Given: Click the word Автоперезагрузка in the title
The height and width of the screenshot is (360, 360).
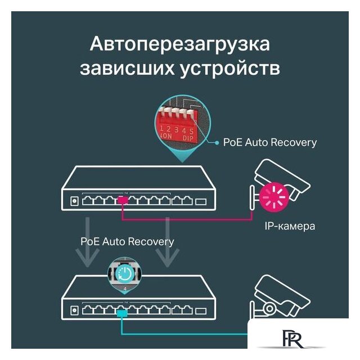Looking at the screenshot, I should [179, 45].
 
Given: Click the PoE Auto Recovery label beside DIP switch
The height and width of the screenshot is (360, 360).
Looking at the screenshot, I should [269, 142].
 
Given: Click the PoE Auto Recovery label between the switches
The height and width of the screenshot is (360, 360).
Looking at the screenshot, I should [127, 241].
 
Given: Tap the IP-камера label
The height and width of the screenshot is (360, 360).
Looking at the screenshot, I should [289, 227].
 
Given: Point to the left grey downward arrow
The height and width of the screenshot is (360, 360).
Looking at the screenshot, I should [88, 241].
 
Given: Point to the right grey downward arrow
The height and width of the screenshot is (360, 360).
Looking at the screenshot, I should [166, 241].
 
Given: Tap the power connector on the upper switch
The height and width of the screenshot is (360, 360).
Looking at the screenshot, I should [74, 200].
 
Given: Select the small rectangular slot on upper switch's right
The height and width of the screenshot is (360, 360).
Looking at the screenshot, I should [201, 201].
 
